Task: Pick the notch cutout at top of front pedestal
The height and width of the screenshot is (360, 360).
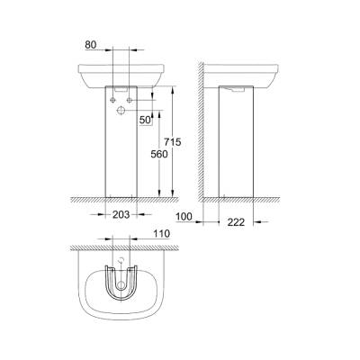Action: (x=122, y=90)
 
